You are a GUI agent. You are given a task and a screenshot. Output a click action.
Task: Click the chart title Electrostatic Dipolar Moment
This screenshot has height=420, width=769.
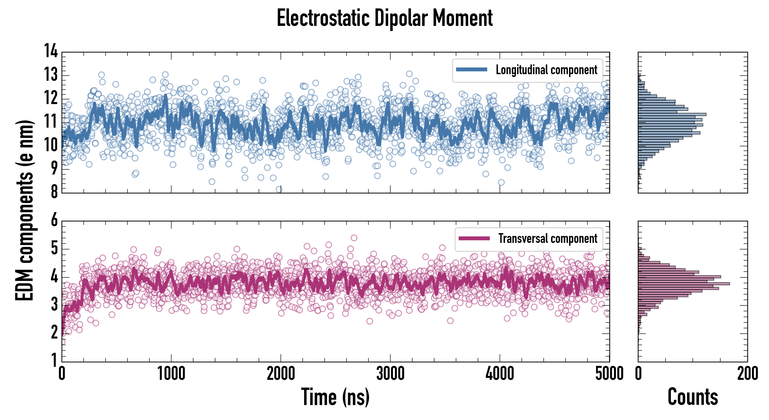[x=384, y=18]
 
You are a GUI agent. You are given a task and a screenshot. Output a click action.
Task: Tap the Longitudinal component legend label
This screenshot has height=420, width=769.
[x=546, y=70]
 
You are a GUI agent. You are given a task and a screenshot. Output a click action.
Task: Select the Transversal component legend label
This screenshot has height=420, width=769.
[x=548, y=238]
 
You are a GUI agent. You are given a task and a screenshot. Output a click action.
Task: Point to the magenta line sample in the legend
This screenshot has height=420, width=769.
[x=474, y=238]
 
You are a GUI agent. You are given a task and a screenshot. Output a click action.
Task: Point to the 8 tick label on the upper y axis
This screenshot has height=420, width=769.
[x=54, y=192]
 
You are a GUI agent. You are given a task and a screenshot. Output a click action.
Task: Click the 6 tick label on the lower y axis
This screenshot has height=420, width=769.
[x=54, y=220]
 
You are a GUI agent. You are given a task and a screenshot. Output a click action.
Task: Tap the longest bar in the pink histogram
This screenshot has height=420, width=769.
[x=684, y=283]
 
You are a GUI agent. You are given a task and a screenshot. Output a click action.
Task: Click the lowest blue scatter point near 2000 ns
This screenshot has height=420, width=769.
[x=279, y=189]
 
